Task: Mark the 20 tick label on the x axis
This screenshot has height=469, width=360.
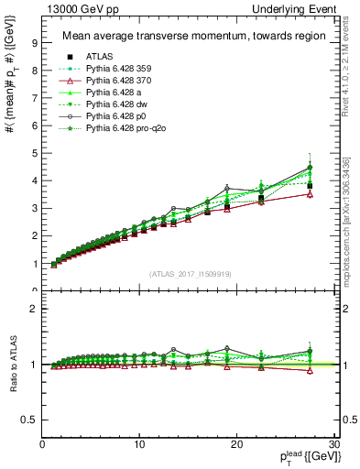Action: [236, 444]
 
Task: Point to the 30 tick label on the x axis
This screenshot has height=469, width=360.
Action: [333, 444]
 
